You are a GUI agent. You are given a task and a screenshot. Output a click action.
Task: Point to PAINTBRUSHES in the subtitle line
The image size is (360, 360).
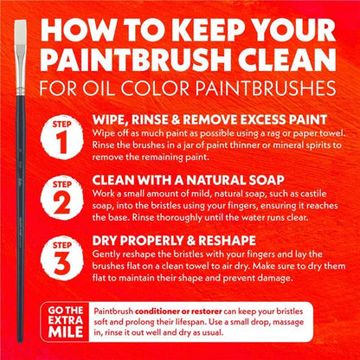266,87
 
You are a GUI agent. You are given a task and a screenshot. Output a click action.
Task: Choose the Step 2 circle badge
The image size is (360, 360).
61,197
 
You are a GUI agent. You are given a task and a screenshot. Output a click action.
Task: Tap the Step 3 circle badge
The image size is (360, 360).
61,258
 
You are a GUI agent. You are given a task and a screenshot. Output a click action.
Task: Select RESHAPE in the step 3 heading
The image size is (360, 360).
228,241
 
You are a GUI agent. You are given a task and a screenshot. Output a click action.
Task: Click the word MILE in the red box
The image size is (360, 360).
66,332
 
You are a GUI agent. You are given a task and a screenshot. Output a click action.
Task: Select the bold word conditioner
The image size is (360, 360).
156,312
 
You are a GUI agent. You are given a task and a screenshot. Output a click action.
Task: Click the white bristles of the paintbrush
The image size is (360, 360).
21,33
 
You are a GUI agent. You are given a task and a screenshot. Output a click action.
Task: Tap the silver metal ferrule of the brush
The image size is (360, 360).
21,71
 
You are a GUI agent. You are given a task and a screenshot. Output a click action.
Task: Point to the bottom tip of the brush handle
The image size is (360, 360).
20,343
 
